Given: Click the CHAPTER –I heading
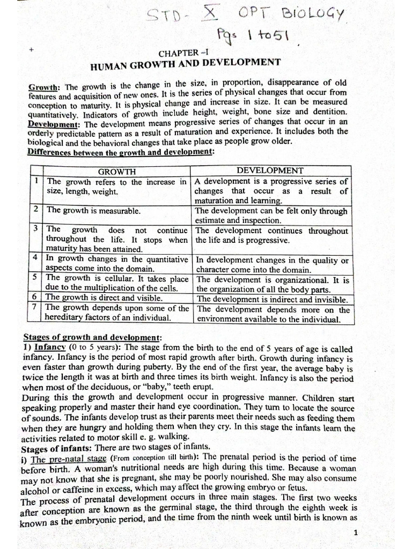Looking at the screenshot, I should coord(182,54).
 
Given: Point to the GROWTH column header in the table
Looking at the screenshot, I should coord(117,172).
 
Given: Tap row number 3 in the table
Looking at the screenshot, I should coord(35,229).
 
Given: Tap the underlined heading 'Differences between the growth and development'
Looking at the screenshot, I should coord(120,152).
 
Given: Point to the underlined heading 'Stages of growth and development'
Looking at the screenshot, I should coord(92,337).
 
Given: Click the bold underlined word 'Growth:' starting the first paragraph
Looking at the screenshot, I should coord(45,86).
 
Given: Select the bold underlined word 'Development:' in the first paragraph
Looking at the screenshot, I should coord(52,124).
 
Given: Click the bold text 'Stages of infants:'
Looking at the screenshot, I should coord(54,448).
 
